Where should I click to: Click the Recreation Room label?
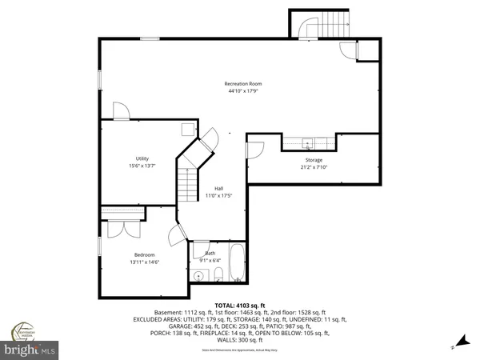[x=242, y=83]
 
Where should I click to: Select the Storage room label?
[x=313, y=160]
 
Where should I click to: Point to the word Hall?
[x=218, y=188]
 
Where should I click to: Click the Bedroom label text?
[x=144, y=254]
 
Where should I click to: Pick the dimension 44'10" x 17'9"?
[x=242, y=90]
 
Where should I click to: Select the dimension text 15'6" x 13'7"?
[x=142, y=166]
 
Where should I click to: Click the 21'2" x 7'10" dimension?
[x=313, y=167]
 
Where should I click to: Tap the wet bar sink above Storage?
[x=308, y=145]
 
